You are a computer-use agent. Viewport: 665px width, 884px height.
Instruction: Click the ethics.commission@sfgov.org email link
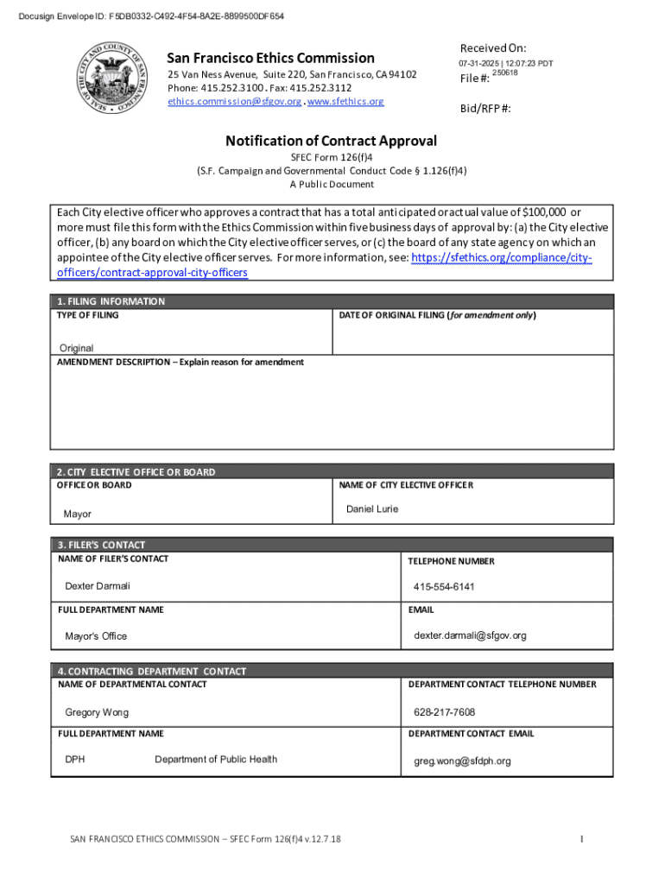(234, 101)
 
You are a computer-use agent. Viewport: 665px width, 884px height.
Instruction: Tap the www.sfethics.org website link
(345, 101)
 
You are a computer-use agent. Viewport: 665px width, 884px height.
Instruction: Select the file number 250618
(504, 73)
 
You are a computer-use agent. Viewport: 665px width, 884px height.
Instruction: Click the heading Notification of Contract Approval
(332, 141)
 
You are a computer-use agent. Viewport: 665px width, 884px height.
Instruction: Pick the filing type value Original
(76, 348)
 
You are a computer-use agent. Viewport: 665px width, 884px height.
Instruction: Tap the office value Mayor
(77, 515)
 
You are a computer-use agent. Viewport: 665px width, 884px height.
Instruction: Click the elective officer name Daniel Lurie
(372, 509)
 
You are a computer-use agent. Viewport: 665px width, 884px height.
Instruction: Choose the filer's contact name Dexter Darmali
(98, 586)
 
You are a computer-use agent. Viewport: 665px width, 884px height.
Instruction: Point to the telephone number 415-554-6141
(444, 587)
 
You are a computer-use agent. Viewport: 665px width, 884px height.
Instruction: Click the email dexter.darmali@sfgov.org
(470, 635)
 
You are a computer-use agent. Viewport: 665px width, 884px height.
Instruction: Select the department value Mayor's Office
(96, 636)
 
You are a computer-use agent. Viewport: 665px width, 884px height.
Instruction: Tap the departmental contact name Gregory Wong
(97, 712)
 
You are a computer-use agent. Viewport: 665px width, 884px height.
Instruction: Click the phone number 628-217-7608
(444, 712)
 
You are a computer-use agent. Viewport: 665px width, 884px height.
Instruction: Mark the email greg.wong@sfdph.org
(462, 761)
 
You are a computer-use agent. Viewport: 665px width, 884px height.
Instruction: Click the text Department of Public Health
(216, 760)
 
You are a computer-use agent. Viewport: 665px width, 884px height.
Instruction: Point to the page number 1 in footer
(582, 839)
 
